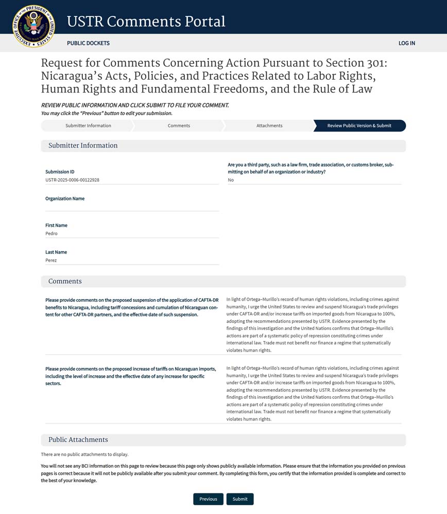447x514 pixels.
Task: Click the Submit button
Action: click(240, 499)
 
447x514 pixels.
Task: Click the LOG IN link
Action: click(406, 43)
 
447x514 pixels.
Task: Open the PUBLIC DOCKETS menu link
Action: click(88, 43)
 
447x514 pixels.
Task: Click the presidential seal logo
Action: click(33, 26)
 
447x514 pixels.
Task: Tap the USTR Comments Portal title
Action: click(146, 22)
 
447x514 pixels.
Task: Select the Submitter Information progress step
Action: click(88, 125)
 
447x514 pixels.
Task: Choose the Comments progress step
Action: click(179, 125)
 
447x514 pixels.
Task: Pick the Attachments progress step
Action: click(269, 125)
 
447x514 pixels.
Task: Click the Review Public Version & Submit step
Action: click(359, 125)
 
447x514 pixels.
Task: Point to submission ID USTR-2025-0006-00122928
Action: click(72, 180)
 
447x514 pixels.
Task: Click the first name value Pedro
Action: click(51, 233)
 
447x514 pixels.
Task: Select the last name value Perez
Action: click(51, 260)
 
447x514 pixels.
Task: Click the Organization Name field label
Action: click(65, 198)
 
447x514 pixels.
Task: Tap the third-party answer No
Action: click(231, 180)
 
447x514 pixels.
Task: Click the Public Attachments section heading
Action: click(78, 439)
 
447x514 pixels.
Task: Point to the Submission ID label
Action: click(60, 172)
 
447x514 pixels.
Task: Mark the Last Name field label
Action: click(56, 252)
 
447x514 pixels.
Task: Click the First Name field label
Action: click(56, 225)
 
